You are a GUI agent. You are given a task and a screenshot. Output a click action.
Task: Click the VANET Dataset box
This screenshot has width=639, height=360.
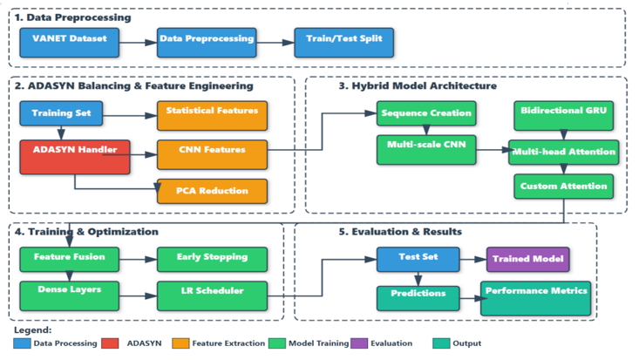pyautogui.click(x=70, y=39)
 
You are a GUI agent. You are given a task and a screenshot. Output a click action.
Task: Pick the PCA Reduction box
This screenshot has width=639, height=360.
pyautogui.click(x=213, y=190)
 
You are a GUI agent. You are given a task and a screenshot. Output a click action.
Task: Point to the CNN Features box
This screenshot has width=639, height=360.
pyautogui.click(x=213, y=152)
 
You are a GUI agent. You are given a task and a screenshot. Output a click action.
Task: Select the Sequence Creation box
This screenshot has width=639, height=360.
pyautogui.click(x=425, y=113)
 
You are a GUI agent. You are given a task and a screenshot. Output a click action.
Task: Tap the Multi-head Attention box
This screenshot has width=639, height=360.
pyautogui.click(x=564, y=152)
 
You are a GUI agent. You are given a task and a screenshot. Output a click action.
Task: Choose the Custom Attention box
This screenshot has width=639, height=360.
pyautogui.click(x=564, y=187)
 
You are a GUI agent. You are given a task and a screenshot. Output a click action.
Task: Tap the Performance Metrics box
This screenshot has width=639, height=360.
pyautogui.click(x=536, y=296)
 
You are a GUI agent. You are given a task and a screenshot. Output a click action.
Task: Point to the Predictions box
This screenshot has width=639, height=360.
pyautogui.click(x=418, y=295)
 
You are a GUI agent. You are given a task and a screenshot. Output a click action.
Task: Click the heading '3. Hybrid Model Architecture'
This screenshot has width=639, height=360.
pyautogui.click(x=418, y=86)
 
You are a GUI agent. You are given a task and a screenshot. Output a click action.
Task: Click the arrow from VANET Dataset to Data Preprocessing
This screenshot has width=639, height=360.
pyautogui.click(x=139, y=39)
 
